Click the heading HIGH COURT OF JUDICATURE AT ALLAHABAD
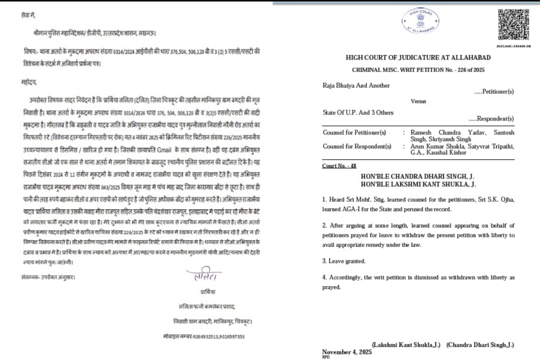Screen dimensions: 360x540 coord(418,58)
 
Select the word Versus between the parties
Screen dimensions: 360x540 coord(418,101)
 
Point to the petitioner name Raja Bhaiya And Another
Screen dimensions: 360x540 coord(356,85)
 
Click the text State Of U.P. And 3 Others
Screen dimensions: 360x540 coord(358,112)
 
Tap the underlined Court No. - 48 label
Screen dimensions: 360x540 coord(339,166)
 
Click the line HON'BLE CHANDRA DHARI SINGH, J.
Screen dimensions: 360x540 coord(418,176)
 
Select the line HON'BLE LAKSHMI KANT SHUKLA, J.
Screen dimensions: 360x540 coord(418,185)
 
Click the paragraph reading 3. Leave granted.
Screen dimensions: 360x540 coord(344,261)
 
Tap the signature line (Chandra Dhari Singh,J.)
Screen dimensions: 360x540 coord(480,345)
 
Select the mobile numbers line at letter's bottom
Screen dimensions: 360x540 coord(204,336)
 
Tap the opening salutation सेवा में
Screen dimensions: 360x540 coord(29,16)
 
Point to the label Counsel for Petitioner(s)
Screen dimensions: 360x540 coord(354,132)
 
